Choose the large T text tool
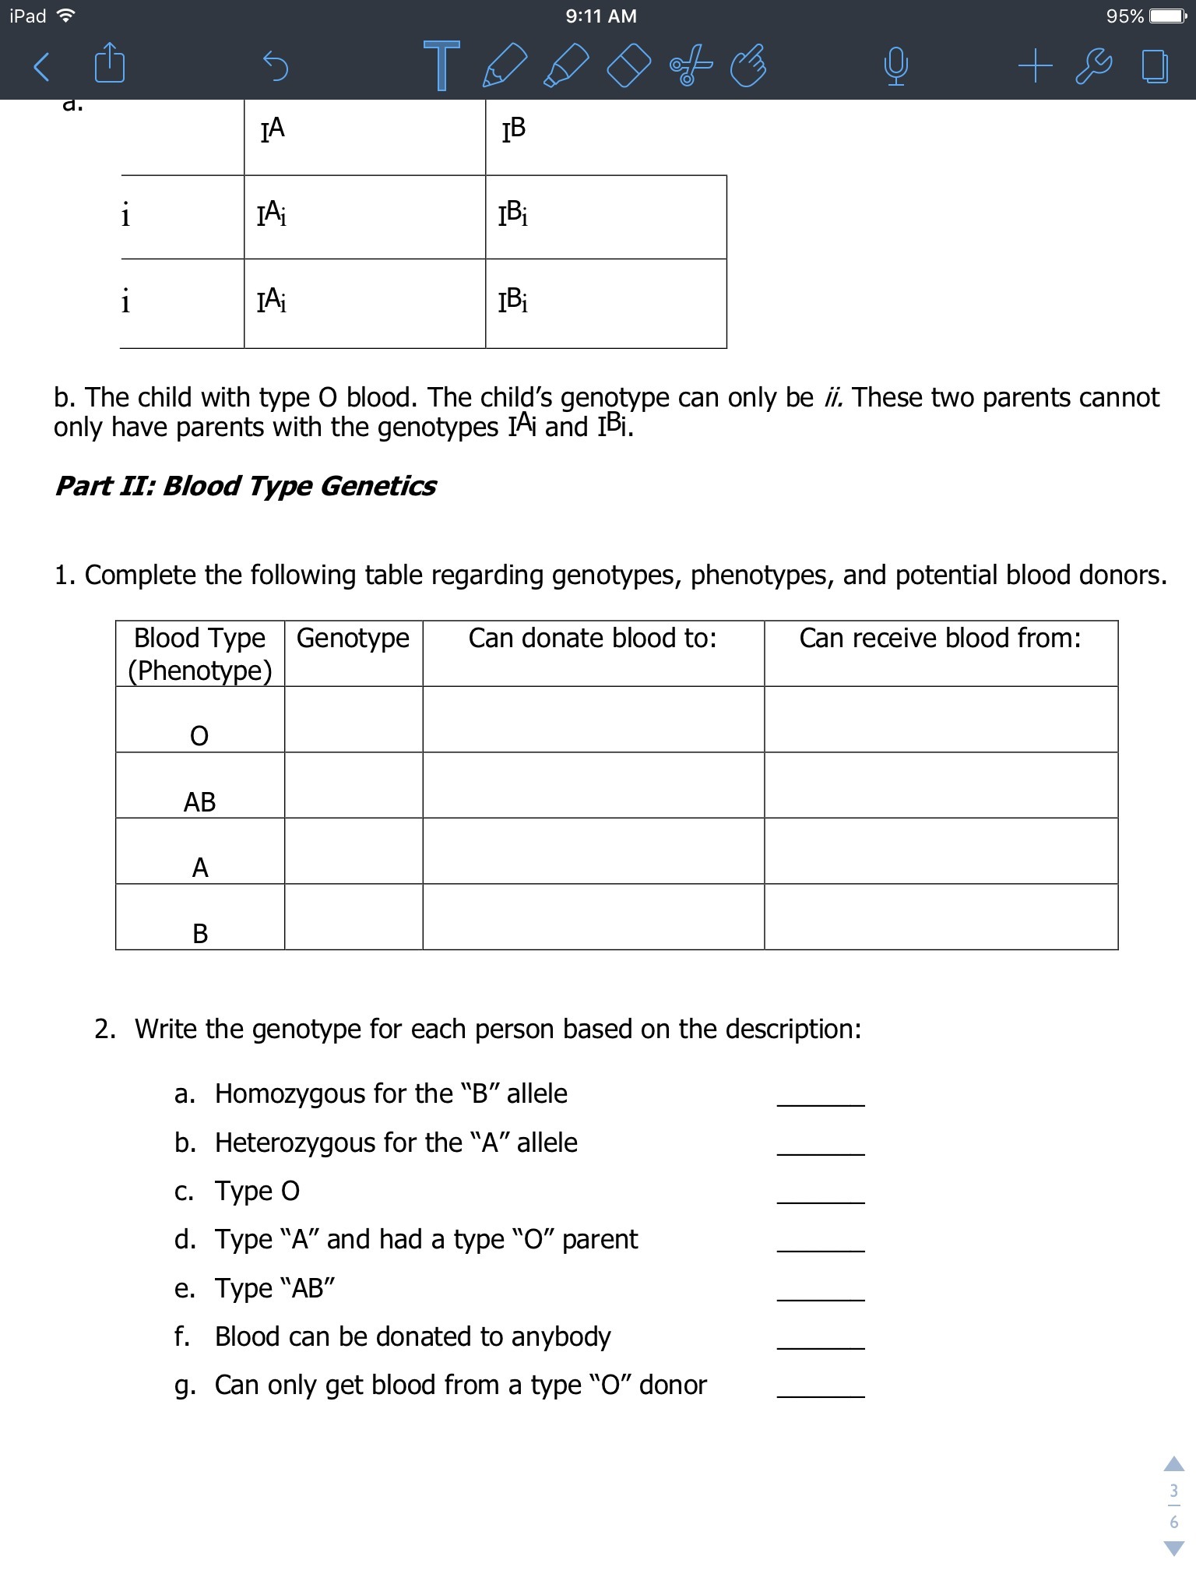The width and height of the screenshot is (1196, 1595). [441, 65]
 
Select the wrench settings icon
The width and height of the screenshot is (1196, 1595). [1093, 66]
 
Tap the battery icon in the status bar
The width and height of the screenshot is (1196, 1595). [1171, 16]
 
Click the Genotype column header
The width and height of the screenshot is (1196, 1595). [353, 639]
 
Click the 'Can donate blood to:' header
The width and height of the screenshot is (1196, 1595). [593, 639]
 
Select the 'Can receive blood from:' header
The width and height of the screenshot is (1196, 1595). [940, 639]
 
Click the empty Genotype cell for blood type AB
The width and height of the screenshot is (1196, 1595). [354, 785]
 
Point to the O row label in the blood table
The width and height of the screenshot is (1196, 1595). [199, 736]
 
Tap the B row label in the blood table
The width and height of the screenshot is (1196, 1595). [200, 933]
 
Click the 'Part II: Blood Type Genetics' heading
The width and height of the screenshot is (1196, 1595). [245, 486]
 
